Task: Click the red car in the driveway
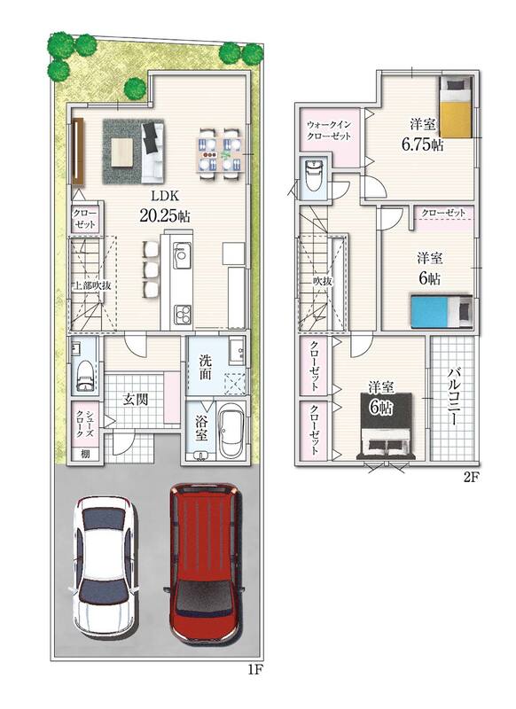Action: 205,563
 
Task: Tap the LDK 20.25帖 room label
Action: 165,206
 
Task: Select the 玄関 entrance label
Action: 137,400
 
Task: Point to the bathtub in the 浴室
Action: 231,431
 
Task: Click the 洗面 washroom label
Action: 206,367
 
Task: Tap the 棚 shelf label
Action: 85,454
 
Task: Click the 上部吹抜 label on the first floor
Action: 93,285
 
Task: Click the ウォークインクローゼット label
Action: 329,130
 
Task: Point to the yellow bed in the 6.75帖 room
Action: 457,106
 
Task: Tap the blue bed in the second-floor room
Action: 441,310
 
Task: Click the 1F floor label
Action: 255,671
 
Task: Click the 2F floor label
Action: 471,478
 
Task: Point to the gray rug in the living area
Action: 133,152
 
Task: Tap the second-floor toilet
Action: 313,175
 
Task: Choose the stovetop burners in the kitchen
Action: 183,315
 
